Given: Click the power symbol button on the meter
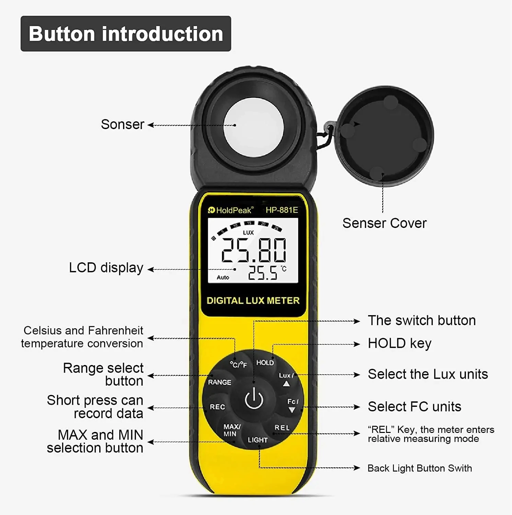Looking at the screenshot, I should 254,399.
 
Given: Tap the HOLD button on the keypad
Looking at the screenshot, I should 265,363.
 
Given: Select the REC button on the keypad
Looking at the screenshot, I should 217,407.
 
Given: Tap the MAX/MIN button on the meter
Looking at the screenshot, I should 232,430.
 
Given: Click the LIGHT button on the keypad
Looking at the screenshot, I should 258,440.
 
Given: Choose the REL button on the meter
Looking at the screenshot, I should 282,428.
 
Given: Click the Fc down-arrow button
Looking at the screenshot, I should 292,405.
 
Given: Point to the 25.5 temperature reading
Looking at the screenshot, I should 263,273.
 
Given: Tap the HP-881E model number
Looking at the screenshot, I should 282,210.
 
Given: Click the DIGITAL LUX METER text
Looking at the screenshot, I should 253,300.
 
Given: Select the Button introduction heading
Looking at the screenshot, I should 126,34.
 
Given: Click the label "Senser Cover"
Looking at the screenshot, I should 384,223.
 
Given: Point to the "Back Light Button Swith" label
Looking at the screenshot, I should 419,468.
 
